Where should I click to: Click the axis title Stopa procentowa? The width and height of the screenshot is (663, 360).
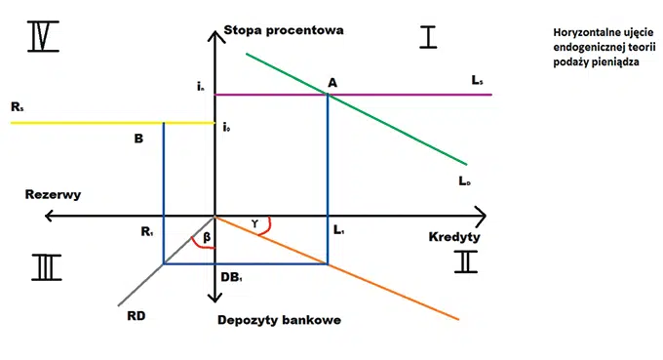pyautogui.click(x=283, y=29)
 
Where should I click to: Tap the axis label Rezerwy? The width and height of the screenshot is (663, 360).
pyautogui.click(x=53, y=194)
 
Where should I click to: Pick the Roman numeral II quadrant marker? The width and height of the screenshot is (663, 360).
pyautogui.click(x=467, y=262)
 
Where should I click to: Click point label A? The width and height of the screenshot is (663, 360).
pyautogui.click(x=332, y=83)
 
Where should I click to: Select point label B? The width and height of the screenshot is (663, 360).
pyautogui.click(x=138, y=139)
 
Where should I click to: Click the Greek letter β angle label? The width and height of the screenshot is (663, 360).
pyautogui.click(x=206, y=236)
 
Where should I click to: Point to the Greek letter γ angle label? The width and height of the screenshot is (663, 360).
pyautogui.click(x=255, y=222)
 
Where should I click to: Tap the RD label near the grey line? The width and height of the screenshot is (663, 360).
pyautogui.click(x=136, y=314)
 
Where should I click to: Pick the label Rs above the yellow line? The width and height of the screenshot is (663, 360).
pyautogui.click(x=19, y=109)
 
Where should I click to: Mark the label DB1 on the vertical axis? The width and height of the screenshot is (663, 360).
pyautogui.click(x=231, y=278)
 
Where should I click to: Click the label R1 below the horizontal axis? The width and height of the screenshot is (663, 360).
pyautogui.click(x=147, y=232)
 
